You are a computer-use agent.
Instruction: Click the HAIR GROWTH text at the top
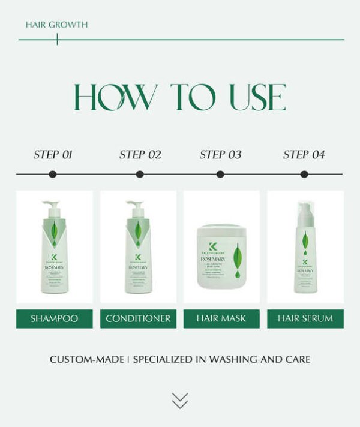pyautogui.click(x=56, y=25)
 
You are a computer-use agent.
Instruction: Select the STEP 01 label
pyautogui.click(x=53, y=155)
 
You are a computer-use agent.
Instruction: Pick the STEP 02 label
pyautogui.click(x=140, y=155)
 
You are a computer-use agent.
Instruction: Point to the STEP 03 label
pyautogui.click(x=220, y=155)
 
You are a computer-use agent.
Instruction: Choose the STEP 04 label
pyautogui.click(x=304, y=155)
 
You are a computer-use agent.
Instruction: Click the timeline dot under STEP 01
pyautogui.click(x=53, y=175)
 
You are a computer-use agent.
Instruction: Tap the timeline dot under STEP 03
pyautogui.click(x=220, y=175)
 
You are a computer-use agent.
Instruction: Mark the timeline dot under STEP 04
pyautogui.click(x=304, y=175)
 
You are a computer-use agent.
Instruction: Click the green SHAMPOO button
pyautogui.click(x=54, y=318)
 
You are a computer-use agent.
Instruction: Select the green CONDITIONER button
pyautogui.click(x=138, y=318)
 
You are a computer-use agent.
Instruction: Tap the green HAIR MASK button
pyautogui.click(x=221, y=318)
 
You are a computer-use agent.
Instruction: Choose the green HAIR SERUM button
pyautogui.click(x=305, y=318)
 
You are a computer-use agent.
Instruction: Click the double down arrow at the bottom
pyautogui.click(x=179, y=401)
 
